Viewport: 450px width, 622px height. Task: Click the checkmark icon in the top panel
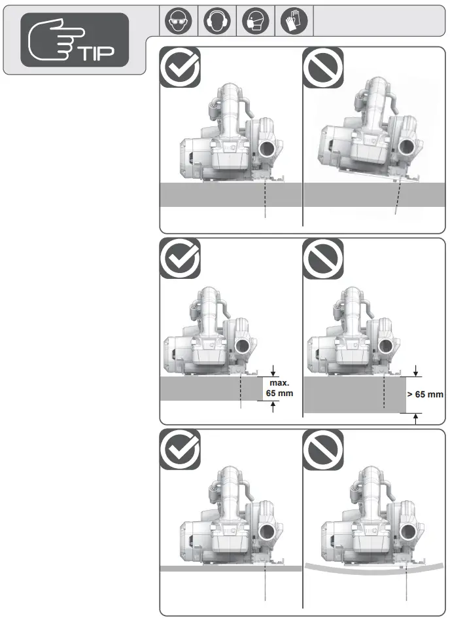[180, 67]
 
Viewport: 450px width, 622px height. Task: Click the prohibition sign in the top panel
[324, 67]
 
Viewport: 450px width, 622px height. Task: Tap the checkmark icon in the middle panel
[180, 258]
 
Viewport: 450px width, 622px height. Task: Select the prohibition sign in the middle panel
[324, 258]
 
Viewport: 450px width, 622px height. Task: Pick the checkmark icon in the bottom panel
[180, 450]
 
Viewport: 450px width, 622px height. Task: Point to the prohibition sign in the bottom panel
[324, 450]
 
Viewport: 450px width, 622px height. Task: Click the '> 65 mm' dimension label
[425, 395]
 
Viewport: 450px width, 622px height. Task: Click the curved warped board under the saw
[373, 570]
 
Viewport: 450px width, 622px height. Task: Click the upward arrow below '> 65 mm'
[416, 419]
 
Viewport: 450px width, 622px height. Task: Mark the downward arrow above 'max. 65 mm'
[273, 371]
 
